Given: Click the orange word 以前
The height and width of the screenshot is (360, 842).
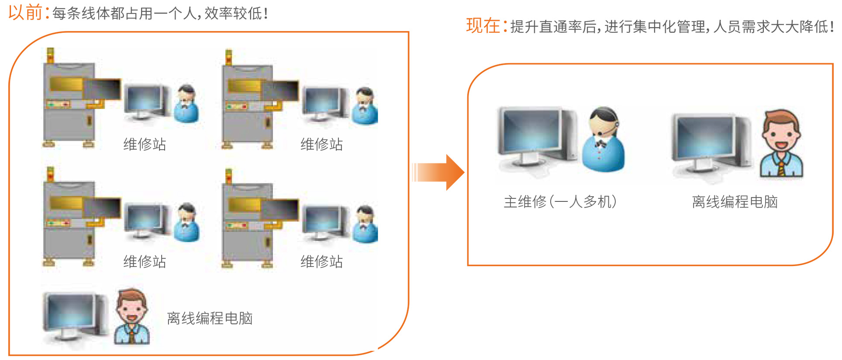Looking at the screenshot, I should (25, 12).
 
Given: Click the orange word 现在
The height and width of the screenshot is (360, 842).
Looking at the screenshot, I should (483, 26).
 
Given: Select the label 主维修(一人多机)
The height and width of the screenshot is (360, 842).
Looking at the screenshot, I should (560, 202).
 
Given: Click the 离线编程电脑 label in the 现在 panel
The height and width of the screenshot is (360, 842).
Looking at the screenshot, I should (735, 202).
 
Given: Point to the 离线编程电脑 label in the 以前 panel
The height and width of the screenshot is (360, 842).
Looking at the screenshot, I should (210, 318).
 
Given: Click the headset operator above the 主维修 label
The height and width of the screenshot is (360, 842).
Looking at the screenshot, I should (604, 140).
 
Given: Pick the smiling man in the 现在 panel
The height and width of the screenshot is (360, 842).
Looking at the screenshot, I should (781, 144).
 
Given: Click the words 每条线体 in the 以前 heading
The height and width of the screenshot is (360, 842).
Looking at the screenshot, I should (81, 14).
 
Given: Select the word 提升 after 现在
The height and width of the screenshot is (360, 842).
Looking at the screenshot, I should (525, 27).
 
